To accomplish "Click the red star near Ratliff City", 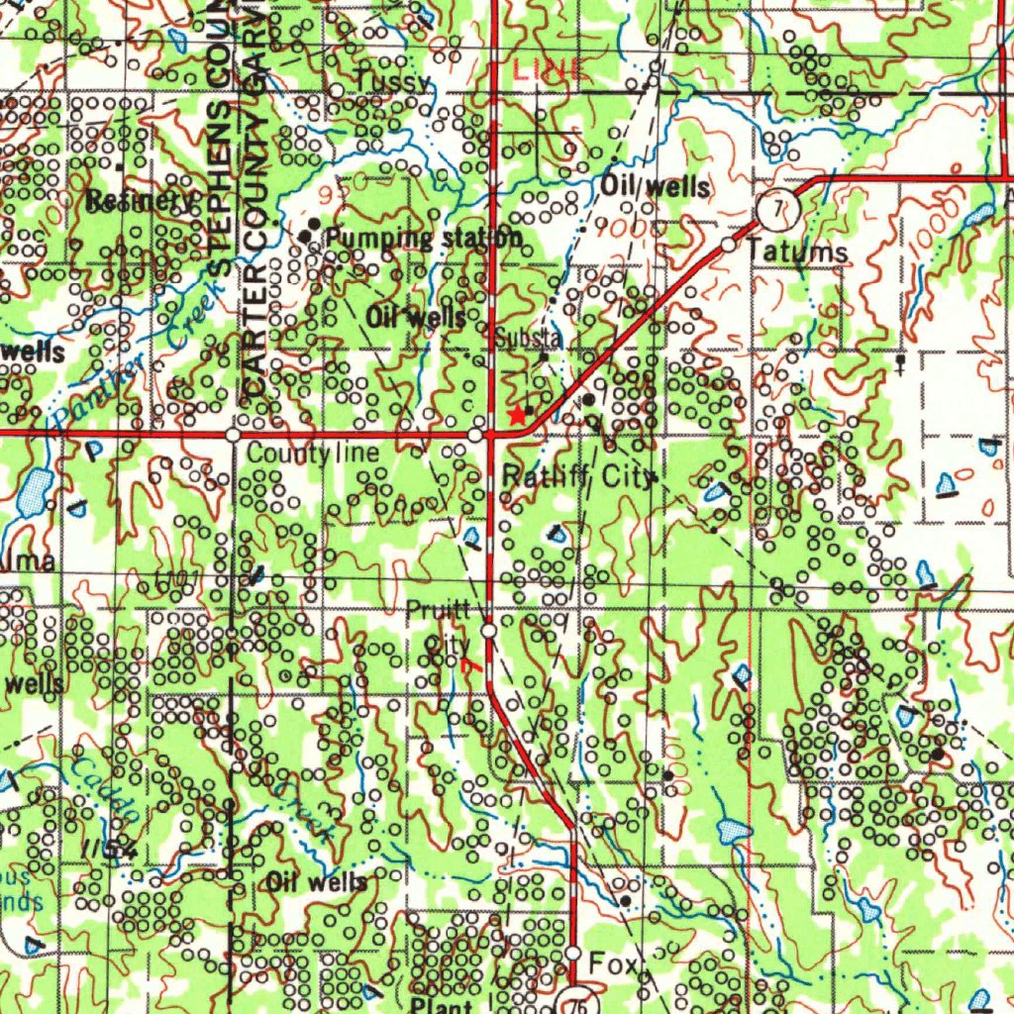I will coord(516,415).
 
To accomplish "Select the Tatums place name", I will coord(797,253).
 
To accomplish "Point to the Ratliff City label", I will coord(577,477).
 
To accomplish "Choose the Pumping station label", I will coord(423,239).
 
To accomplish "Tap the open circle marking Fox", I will coord(573,954).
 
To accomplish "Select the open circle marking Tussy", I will coord(337,91).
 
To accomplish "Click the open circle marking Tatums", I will coord(728,244).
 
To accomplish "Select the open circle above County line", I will coord(233,435).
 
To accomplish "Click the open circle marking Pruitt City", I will coord(489,631).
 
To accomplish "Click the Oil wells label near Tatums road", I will coord(655,186).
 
